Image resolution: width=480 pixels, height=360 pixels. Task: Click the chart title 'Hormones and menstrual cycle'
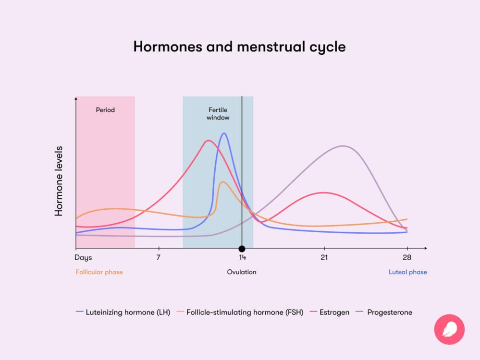tap(239, 47)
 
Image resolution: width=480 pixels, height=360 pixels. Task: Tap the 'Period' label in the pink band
tap(105, 110)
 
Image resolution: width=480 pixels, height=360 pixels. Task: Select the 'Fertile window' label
tap(218, 113)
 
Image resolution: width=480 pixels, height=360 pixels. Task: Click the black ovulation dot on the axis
tap(242, 249)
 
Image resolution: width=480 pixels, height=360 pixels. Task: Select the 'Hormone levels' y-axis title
tap(59, 181)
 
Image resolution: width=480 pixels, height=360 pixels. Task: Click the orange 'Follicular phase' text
tap(99, 272)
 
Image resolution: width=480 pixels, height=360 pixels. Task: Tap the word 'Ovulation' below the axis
tap(242, 272)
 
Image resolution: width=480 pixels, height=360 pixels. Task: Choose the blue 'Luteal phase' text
tap(407, 272)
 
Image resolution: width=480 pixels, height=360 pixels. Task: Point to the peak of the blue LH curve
tap(224, 133)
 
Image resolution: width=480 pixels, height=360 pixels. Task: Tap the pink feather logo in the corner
tap(449, 329)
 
